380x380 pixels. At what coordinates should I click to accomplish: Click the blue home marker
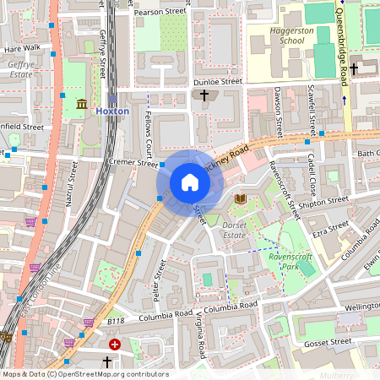(189, 182)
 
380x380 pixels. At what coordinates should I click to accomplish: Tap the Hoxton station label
(112, 111)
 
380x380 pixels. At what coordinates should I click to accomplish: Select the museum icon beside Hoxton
(82, 104)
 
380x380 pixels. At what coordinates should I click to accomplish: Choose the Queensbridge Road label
(342, 42)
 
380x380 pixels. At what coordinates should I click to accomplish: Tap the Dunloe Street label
(218, 82)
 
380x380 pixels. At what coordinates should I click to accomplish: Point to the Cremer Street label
(133, 163)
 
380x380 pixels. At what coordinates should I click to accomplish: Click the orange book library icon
(241, 198)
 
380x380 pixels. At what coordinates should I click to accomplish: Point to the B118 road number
(116, 321)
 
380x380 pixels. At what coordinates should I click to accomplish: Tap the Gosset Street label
(328, 342)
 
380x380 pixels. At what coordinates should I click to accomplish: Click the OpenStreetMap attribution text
(85, 374)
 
